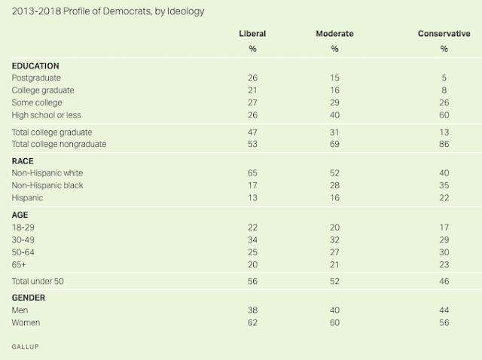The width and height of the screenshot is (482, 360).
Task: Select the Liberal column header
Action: [x=253, y=34]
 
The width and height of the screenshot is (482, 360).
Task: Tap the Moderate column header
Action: [x=334, y=34]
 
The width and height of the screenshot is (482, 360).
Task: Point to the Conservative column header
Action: [x=444, y=34]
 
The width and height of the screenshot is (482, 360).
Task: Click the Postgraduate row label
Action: [x=37, y=78]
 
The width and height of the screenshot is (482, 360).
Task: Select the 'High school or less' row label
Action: [x=47, y=114]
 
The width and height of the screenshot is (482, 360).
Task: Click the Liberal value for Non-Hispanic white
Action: [x=253, y=172]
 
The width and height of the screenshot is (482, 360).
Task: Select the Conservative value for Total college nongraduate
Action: [x=444, y=143]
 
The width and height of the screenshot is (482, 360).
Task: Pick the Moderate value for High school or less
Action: [x=334, y=114]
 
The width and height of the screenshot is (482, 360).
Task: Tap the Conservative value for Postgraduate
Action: [x=444, y=78]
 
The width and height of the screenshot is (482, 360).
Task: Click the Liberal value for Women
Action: [x=253, y=322]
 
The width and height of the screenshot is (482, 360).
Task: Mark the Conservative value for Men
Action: [x=444, y=310]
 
